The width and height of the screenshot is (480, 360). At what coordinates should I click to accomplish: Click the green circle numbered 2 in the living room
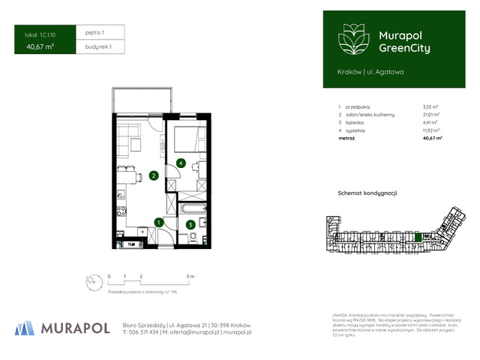pos(153,176)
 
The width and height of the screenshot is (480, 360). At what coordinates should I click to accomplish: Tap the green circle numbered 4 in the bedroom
pos(181,163)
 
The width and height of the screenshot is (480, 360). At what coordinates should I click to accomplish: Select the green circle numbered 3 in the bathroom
pos(190,223)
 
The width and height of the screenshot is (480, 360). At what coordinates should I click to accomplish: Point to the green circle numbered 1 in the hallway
pos(157,221)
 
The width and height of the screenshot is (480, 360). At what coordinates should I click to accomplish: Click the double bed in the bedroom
pos(186,140)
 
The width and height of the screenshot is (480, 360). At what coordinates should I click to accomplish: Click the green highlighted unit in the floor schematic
pos(418,238)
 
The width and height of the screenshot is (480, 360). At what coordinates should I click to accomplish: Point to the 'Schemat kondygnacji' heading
pos(367,193)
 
